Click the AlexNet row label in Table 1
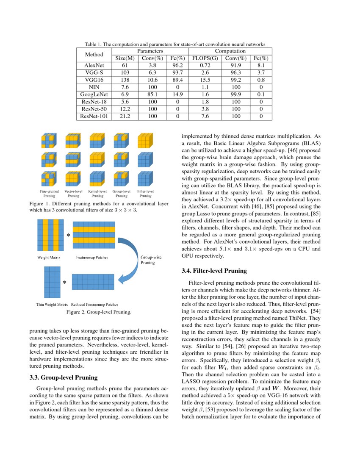click(94, 66)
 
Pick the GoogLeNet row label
click(94, 95)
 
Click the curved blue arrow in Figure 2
click(127, 263)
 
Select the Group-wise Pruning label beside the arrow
click(150, 260)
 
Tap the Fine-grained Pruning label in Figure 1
click(49, 194)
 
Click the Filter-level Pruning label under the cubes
click(145, 194)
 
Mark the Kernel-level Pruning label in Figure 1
click(97, 194)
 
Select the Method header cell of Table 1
click(94, 55)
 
